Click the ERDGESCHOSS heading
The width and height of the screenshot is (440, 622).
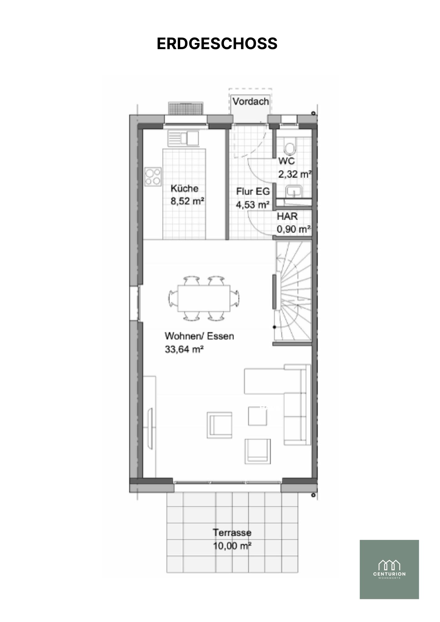pos(217,44)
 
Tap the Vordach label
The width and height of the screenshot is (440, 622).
pos(250,101)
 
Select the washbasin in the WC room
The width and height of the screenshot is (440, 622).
pos(293,191)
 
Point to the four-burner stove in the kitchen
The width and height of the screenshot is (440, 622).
pos(153,177)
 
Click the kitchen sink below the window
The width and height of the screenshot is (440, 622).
pos(183,138)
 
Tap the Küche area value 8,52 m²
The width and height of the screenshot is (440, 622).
pos(187,201)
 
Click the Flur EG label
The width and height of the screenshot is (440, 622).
pos(253,191)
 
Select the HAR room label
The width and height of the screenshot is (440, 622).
pos(287,216)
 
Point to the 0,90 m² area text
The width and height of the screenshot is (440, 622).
pos(294,229)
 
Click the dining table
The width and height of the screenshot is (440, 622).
pos(204,298)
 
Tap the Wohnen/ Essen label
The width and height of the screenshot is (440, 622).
pos(199,336)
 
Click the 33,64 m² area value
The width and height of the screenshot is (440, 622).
pos(184,349)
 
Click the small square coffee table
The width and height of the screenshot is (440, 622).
pos(257,416)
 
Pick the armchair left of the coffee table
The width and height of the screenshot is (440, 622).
pos(220,425)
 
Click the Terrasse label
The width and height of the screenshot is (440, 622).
pos(232,533)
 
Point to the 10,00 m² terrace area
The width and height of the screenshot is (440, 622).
pos(232,546)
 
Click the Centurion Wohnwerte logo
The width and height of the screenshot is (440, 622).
pos(389,569)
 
